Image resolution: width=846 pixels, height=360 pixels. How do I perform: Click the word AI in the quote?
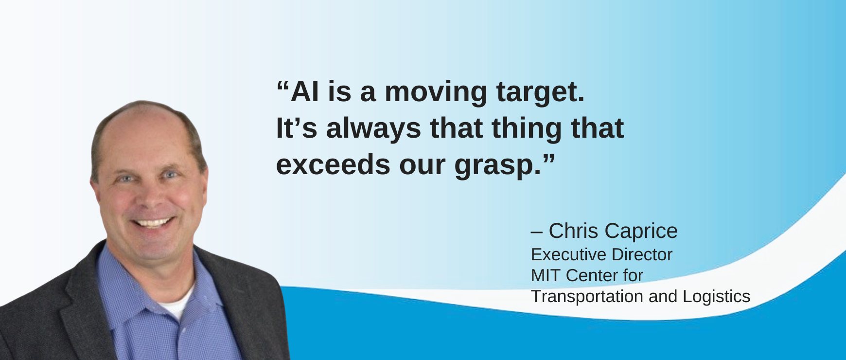[x=305, y=91]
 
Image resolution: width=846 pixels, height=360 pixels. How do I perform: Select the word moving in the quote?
[x=436, y=92]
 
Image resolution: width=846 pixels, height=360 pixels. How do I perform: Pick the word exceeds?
[x=333, y=165]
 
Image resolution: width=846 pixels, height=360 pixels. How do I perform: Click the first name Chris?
[x=573, y=231]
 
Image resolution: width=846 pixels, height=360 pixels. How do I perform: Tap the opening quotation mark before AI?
[x=283, y=86]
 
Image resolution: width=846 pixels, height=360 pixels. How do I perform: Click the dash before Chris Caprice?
[x=537, y=233]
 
